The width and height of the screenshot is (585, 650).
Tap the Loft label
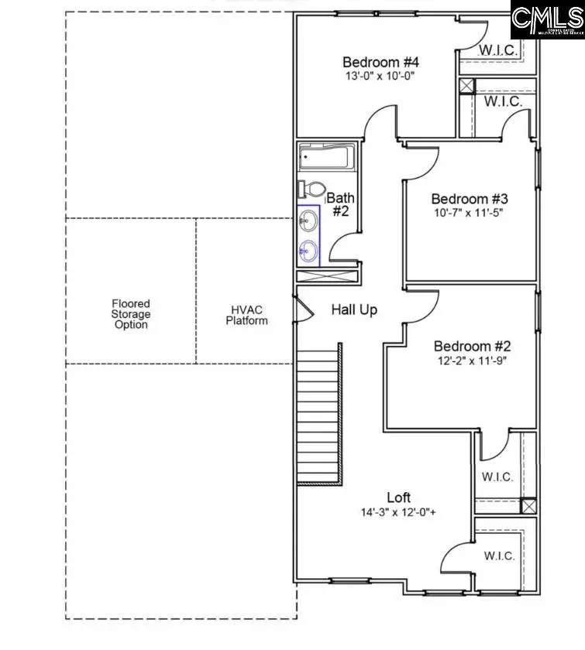(x=399, y=498)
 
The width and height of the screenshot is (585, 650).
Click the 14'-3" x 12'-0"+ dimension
(x=399, y=512)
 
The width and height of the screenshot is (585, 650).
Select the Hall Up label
(x=355, y=310)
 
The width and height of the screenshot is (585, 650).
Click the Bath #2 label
(x=340, y=204)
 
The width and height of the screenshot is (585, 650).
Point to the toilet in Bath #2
(x=311, y=189)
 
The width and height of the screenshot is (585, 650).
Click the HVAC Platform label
(x=246, y=315)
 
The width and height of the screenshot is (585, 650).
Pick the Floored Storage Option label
(x=130, y=314)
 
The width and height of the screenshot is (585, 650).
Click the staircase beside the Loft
(x=318, y=414)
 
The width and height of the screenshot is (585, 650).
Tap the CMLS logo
(x=547, y=21)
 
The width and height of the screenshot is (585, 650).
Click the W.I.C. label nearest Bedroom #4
(x=497, y=50)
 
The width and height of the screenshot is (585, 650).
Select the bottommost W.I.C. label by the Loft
(x=499, y=556)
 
